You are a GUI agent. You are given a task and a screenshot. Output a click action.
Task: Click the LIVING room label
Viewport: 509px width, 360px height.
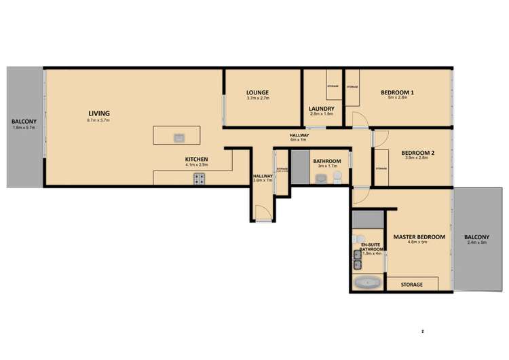98,113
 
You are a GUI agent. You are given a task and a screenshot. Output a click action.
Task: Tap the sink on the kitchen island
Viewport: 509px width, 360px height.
179,138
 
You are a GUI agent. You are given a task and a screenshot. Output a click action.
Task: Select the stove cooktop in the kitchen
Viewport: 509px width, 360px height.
200,179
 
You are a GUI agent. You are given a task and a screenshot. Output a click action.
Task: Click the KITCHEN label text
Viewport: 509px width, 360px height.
197,159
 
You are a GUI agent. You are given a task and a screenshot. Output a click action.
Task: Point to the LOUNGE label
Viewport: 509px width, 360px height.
258,92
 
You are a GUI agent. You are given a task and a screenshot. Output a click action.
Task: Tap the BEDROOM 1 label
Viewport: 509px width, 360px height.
397,92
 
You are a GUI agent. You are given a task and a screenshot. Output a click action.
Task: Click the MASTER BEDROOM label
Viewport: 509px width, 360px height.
419,237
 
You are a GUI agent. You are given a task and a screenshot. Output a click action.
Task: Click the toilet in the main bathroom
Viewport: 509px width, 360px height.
337,178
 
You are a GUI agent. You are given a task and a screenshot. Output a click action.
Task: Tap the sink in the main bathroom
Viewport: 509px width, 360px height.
321,179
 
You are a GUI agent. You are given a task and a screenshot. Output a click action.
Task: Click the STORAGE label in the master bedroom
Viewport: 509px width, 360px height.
412,285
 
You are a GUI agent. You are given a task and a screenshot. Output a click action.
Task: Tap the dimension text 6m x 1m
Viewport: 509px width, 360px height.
299,140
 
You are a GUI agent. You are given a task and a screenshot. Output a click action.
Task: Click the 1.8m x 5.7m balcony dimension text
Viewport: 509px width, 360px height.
18,127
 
